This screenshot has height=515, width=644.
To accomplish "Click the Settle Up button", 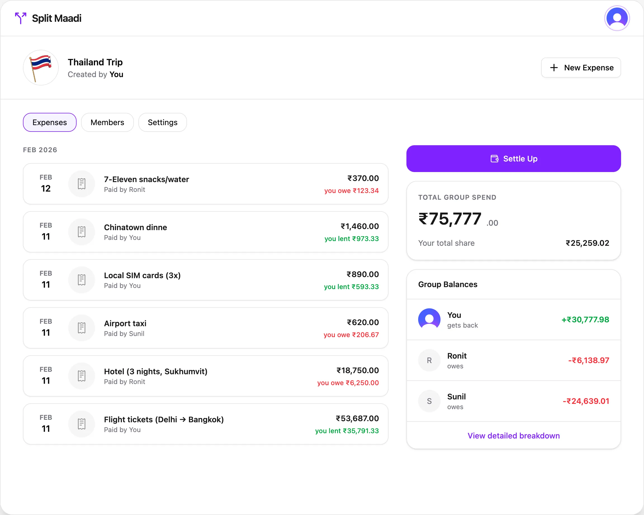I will coord(513,158).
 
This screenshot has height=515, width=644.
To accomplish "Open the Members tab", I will coord(107,122).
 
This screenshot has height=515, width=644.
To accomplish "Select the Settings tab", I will coord(162,122).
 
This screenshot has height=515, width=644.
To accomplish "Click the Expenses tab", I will coord(49,122).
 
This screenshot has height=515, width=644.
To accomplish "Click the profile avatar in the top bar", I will coord(617,18).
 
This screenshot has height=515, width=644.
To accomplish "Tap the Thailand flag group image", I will coord(41,68).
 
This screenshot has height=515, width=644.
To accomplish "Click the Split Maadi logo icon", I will coord(21,18).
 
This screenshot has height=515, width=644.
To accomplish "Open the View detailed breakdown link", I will coord(513,436).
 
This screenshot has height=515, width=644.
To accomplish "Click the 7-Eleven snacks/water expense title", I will coord(146,179).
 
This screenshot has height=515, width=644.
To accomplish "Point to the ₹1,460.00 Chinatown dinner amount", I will coord(359,226).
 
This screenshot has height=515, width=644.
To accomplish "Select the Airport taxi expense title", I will coord(125,323).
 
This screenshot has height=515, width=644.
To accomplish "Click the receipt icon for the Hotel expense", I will coord(82,376).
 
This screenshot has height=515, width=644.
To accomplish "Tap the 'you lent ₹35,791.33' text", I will coord(347,431).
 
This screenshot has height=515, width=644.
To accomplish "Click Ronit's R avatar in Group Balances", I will coord(429,361).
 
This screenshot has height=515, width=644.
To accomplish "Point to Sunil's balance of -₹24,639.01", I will coord(586,401).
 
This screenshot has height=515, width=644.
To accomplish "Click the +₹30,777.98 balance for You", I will coord(585,320).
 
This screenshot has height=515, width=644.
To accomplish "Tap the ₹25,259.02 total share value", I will coord(587,243).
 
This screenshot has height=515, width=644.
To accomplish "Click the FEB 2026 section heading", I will coord(40,150).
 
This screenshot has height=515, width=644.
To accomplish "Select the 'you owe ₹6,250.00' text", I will coord(348,383).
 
